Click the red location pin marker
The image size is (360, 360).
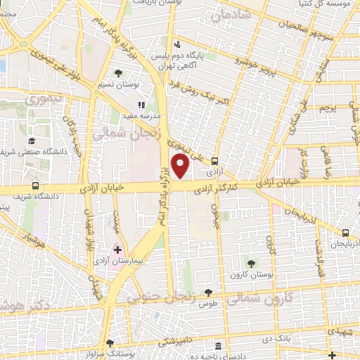coord(181,167)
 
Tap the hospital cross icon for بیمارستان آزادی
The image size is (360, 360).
coord(117,250)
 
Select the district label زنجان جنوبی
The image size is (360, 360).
coord(161,297)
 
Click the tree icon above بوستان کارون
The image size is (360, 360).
coord(251,262)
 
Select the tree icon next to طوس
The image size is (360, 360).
coord(207,292)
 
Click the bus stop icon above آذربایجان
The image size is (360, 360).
coord(345,233)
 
